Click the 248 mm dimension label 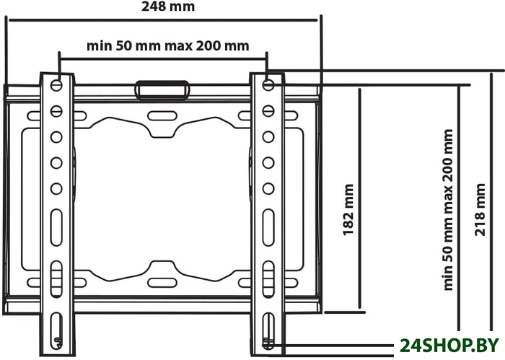click(168, 6)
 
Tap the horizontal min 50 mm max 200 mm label click(168, 45)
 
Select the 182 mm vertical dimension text click(348, 210)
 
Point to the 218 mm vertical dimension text click(480, 210)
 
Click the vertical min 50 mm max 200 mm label click(448, 210)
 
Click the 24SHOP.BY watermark click(449, 346)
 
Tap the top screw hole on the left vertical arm click(56, 85)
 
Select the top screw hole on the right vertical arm click(268, 85)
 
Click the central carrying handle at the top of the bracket click(162, 90)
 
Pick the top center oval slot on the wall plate click(162, 116)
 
